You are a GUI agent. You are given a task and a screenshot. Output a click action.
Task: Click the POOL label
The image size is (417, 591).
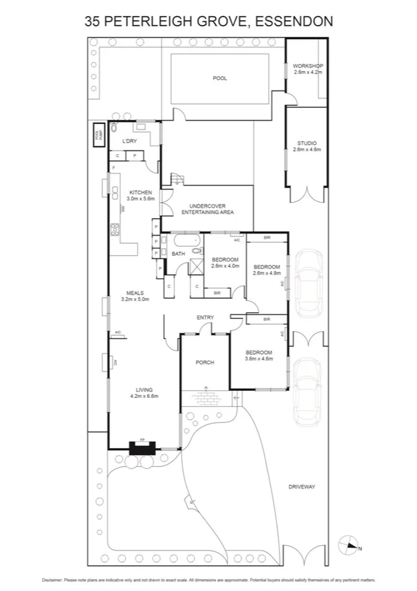220,78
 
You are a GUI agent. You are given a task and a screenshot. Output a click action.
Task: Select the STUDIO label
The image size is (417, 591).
307,144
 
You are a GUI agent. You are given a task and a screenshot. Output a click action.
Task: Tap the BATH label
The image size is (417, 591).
178,254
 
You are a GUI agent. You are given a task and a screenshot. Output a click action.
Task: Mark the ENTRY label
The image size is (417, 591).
205,318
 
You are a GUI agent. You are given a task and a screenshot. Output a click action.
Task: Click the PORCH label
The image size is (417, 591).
205,362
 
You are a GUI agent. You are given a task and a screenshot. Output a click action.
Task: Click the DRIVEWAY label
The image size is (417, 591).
302,486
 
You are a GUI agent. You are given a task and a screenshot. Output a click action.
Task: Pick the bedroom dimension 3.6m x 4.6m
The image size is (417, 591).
258,359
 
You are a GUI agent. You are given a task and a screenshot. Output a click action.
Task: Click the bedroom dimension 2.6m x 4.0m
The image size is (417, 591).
225,266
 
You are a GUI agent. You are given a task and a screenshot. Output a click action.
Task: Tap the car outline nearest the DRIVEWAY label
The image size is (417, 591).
306,391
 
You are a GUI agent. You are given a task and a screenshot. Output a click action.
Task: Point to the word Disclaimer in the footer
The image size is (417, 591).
54,579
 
